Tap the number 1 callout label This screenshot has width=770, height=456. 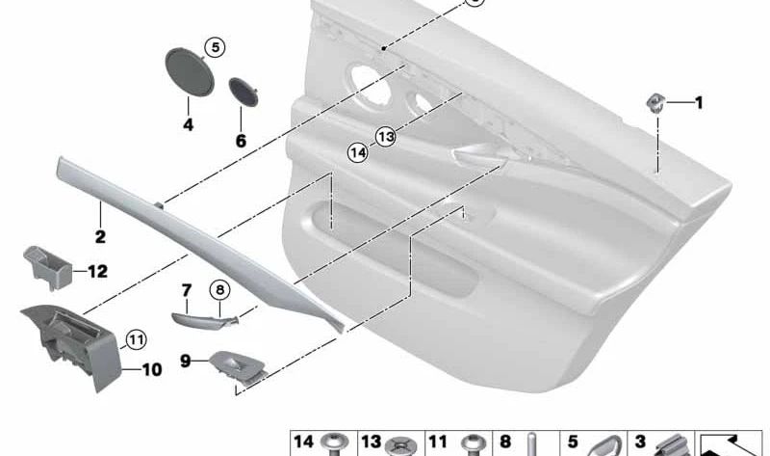[x=700, y=102]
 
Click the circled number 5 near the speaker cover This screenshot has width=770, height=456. [x=215, y=46]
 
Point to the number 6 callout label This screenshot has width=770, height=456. [x=241, y=141]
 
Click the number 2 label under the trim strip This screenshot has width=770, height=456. [x=100, y=234]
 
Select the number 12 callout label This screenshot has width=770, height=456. [x=97, y=272]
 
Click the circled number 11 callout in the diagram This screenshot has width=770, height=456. [x=136, y=338]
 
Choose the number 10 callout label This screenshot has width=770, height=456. [x=153, y=368]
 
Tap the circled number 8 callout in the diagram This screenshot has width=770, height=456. [x=219, y=289]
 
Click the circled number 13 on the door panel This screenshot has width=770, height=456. [x=386, y=138]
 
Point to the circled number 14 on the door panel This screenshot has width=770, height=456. [x=358, y=151]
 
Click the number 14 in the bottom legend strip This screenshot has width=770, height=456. [x=304, y=443]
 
